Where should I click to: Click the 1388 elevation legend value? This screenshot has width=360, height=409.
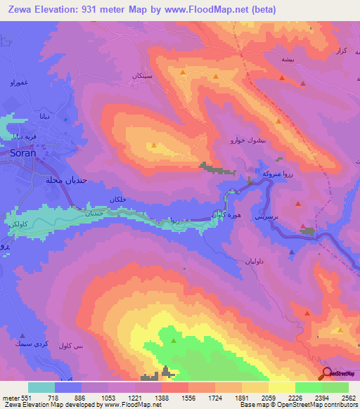pyautogui.click(x=162, y=397)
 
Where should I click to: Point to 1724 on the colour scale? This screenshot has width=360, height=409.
pyautogui.click(x=216, y=397)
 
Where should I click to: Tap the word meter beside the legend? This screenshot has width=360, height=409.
pyautogui.click(x=10, y=397)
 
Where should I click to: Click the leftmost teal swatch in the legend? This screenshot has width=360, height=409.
pyautogui.click(x=41, y=387)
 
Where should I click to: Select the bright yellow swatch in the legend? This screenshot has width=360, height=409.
pyautogui.click(x=282, y=387)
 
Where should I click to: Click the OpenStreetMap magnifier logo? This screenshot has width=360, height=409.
pyautogui.click(x=326, y=374)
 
